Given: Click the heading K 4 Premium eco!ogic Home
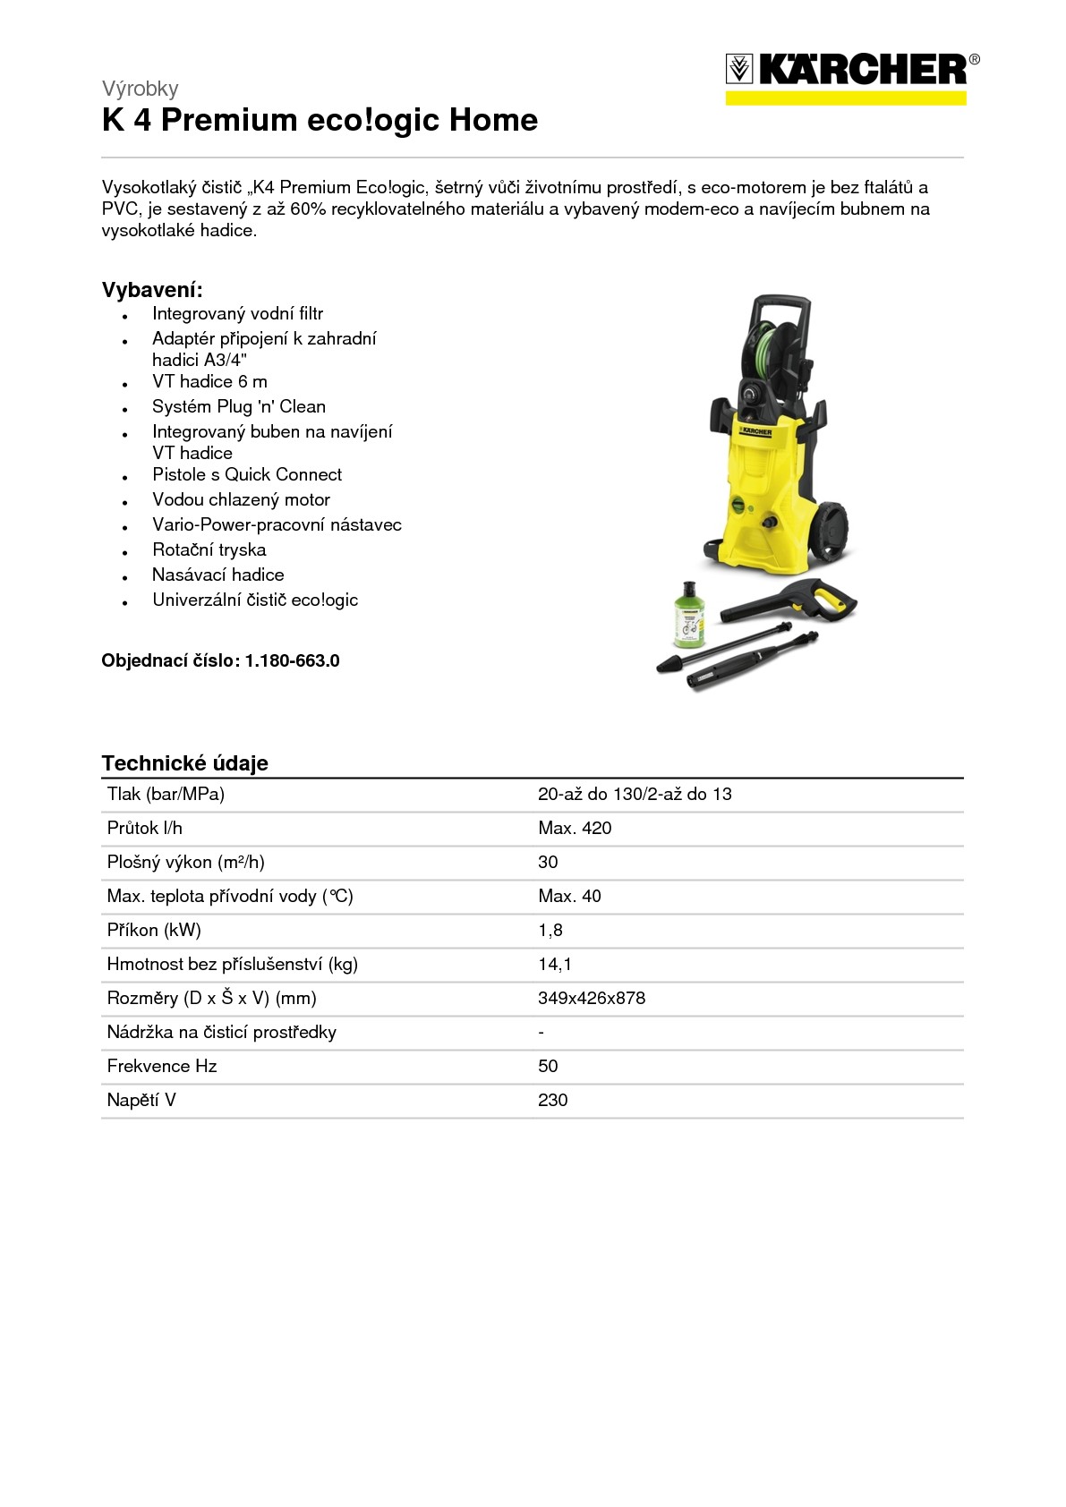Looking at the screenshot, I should (x=320, y=120).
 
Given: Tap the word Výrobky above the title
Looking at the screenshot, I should (x=140, y=89).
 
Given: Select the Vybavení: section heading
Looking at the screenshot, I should (x=152, y=290).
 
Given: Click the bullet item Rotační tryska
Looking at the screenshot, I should (x=209, y=549).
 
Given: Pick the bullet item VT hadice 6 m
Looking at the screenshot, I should (x=209, y=381).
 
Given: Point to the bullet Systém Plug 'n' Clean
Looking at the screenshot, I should (x=238, y=406).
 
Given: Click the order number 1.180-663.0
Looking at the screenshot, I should (x=292, y=660).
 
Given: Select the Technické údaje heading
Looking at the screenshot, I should (x=184, y=763).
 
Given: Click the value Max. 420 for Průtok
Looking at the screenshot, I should (x=575, y=828).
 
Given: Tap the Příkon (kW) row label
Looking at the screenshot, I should (x=154, y=930).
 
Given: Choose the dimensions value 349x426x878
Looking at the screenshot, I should (x=591, y=998).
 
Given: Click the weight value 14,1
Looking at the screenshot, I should (x=554, y=964).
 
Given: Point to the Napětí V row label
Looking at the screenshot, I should (x=141, y=1100).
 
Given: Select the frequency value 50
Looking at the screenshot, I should (x=548, y=1066).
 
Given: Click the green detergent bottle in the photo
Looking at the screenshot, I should (x=688, y=615).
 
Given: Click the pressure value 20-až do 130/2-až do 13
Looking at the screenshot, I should (x=635, y=794).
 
